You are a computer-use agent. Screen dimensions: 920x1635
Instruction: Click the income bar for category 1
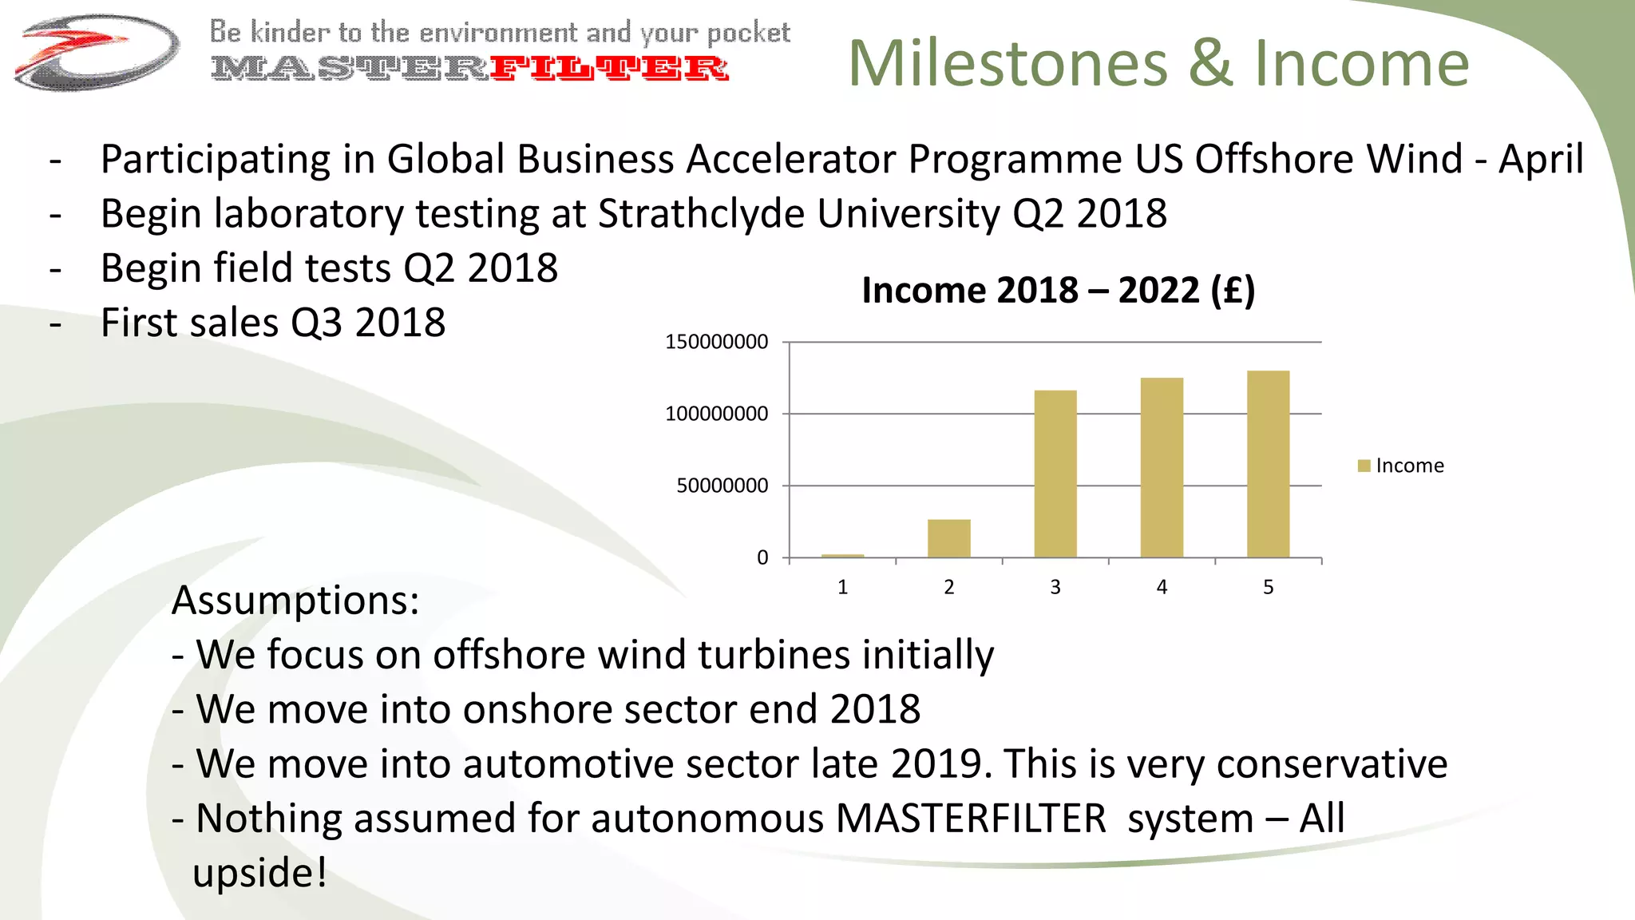coord(842,555)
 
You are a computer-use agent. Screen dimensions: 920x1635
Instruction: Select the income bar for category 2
coord(948,538)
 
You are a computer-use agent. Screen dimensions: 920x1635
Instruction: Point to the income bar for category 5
coord(1268,464)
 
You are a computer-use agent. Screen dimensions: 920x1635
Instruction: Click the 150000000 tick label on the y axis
coord(716,342)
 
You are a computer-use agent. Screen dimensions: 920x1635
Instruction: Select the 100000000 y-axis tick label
coord(716,414)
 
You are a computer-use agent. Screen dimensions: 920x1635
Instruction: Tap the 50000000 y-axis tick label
coord(722,486)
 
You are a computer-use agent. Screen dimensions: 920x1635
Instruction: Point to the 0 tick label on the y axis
coord(762,557)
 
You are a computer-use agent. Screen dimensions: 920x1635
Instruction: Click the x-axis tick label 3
coord(1055,588)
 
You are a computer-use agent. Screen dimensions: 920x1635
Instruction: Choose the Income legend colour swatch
coord(1364,466)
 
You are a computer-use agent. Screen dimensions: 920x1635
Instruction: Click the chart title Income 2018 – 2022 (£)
coord(1058,290)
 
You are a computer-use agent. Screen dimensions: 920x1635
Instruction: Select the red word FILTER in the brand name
coord(608,69)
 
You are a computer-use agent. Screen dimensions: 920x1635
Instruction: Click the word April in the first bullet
coord(1541,159)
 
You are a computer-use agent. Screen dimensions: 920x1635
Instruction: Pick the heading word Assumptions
coord(295,601)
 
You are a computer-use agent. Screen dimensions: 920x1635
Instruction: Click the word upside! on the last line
coord(259,872)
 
